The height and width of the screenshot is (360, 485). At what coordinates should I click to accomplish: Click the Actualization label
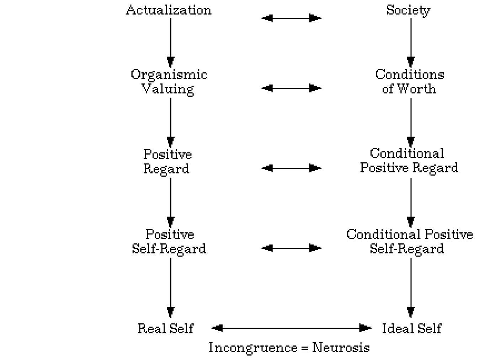(169, 10)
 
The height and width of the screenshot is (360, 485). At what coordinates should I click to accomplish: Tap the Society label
(408, 10)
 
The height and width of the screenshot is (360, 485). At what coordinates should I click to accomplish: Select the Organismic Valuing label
(169, 81)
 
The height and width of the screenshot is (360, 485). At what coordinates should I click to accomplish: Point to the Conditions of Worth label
(410, 81)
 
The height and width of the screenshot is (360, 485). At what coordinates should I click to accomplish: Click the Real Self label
(165, 328)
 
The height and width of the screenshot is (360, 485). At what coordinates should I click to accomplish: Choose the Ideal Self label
(411, 328)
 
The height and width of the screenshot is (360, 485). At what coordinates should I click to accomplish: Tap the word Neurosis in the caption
(341, 348)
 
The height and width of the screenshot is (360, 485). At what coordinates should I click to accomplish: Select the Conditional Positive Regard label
(409, 160)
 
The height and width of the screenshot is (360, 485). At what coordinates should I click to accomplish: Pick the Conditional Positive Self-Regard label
(409, 241)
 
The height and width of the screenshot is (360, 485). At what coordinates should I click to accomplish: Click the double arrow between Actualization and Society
(291, 18)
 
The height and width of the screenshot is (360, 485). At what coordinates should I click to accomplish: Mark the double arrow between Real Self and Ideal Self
(291, 328)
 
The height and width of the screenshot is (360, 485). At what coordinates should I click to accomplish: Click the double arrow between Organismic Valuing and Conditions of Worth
(291, 88)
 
